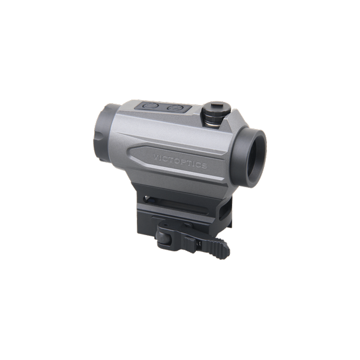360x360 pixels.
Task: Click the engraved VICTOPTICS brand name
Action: (x=180, y=161)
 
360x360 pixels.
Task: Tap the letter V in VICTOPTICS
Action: (x=155, y=157)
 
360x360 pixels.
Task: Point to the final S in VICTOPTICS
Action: (x=204, y=166)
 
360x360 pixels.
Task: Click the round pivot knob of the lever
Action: (x=163, y=238)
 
